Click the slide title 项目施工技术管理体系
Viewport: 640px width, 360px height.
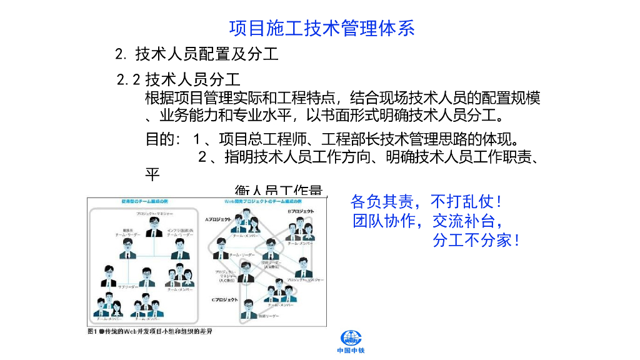322,28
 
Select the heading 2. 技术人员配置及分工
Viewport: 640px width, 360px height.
197,54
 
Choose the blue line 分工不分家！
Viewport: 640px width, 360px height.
476,240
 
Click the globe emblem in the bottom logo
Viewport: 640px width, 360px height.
351,338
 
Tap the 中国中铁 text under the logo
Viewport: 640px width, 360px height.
351,351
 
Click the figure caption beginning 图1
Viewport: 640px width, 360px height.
150,331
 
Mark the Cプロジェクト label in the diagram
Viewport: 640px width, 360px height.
224,300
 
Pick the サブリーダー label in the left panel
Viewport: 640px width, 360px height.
127,287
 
